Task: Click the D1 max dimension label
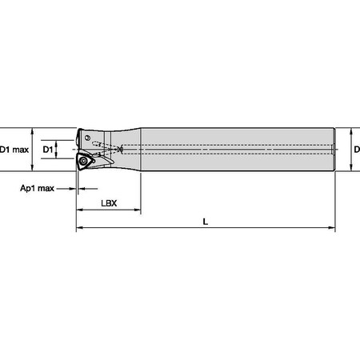(14, 150)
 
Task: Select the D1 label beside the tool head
(47, 150)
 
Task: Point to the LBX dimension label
(109, 203)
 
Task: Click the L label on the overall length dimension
(206, 222)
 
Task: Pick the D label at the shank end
(357, 150)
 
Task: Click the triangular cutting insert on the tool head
(86, 162)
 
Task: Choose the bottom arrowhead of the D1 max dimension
(31, 167)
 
